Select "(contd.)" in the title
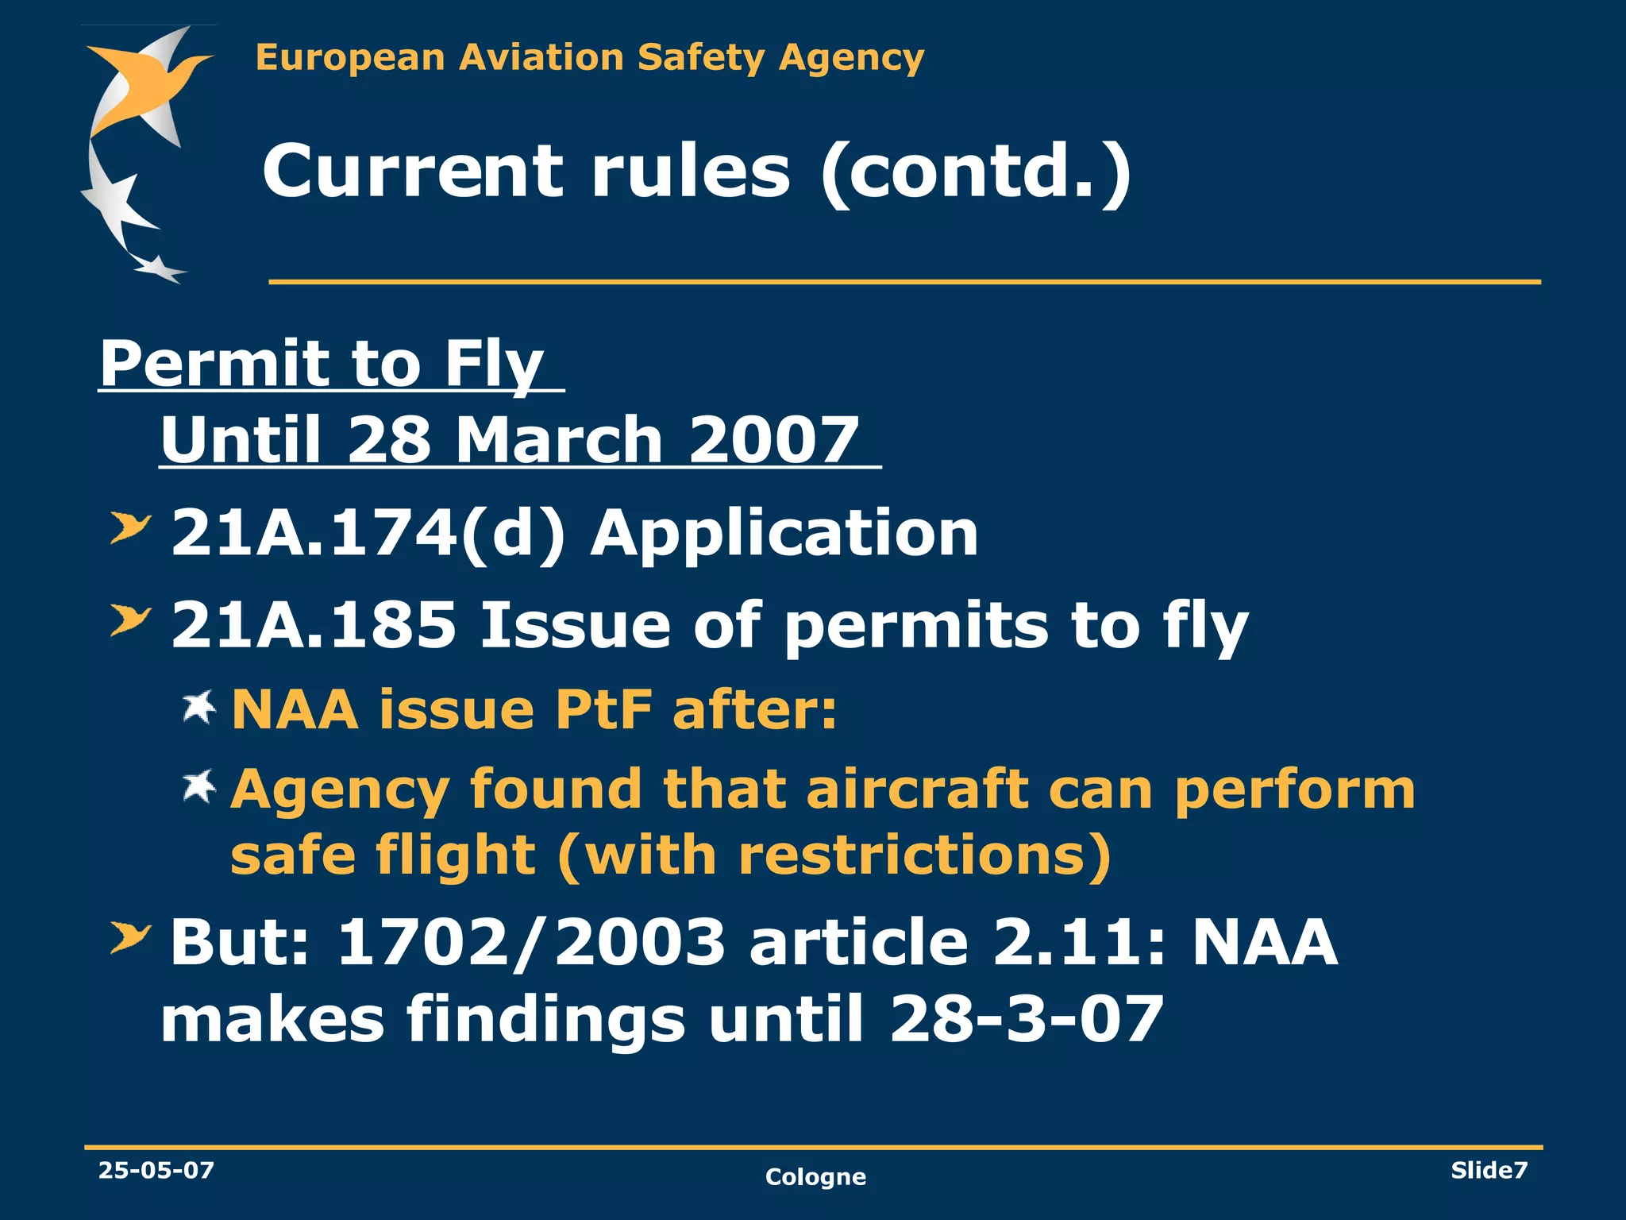click(975, 172)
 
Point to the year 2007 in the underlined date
click(773, 440)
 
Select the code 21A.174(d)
click(368, 533)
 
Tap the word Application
click(784, 533)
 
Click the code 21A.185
click(314, 625)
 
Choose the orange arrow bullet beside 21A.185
click(129, 620)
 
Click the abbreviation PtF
click(603, 708)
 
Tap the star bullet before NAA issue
click(198, 706)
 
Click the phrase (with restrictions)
click(834, 855)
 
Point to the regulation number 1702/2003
click(531, 942)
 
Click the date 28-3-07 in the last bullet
click(1027, 1019)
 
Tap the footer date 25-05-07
click(156, 1170)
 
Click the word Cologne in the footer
click(815, 1176)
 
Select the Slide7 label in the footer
click(1489, 1170)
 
